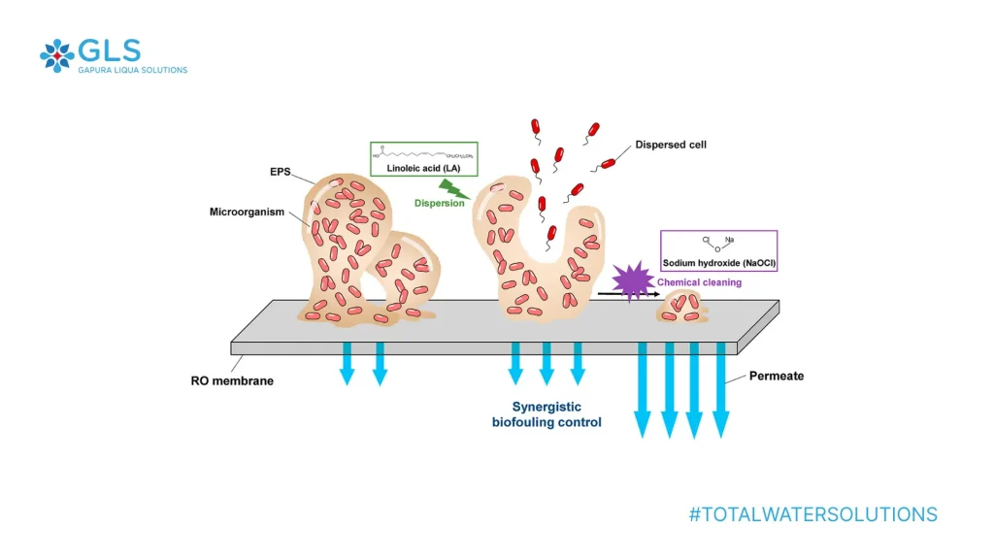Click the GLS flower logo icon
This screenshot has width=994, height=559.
[x=56, y=55]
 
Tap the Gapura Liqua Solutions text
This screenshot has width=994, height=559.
[x=132, y=70]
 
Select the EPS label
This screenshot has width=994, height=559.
[x=281, y=171]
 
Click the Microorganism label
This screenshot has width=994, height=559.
[x=247, y=212]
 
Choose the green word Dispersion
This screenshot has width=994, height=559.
[x=439, y=204]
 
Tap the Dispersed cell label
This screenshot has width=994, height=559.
[x=670, y=145]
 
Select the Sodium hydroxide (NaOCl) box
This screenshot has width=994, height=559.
[x=719, y=250]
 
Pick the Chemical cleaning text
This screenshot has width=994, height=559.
[x=699, y=282]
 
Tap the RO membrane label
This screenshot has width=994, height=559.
[x=232, y=381]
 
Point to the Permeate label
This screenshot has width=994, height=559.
[x=777, y=376]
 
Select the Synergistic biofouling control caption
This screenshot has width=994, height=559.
[x=547, y=414]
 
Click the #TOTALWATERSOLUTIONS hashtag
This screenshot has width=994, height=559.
[x=813, y=514]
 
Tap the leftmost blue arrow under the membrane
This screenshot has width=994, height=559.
[x=348, y=363]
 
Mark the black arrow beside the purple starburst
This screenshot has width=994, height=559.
[x=621, y=293]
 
